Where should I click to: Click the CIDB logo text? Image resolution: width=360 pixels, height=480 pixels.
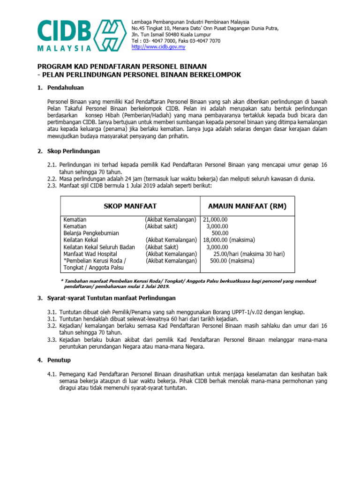coord(64,31)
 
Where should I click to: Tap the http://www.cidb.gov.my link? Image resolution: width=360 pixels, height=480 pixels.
coord(158,47)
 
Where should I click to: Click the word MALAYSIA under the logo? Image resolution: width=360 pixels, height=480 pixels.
coord(64,48)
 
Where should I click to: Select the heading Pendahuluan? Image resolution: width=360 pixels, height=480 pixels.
coord(66,88)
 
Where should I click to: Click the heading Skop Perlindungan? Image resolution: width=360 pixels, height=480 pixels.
coord(73,151)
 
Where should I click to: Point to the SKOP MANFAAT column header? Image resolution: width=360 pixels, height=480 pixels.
coord(130,206)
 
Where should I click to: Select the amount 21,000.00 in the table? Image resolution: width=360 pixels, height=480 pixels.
coord(215,219)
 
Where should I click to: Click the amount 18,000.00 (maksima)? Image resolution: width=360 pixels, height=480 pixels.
coord(229,240)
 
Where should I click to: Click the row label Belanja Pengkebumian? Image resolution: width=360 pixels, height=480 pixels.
coord(91,233)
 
